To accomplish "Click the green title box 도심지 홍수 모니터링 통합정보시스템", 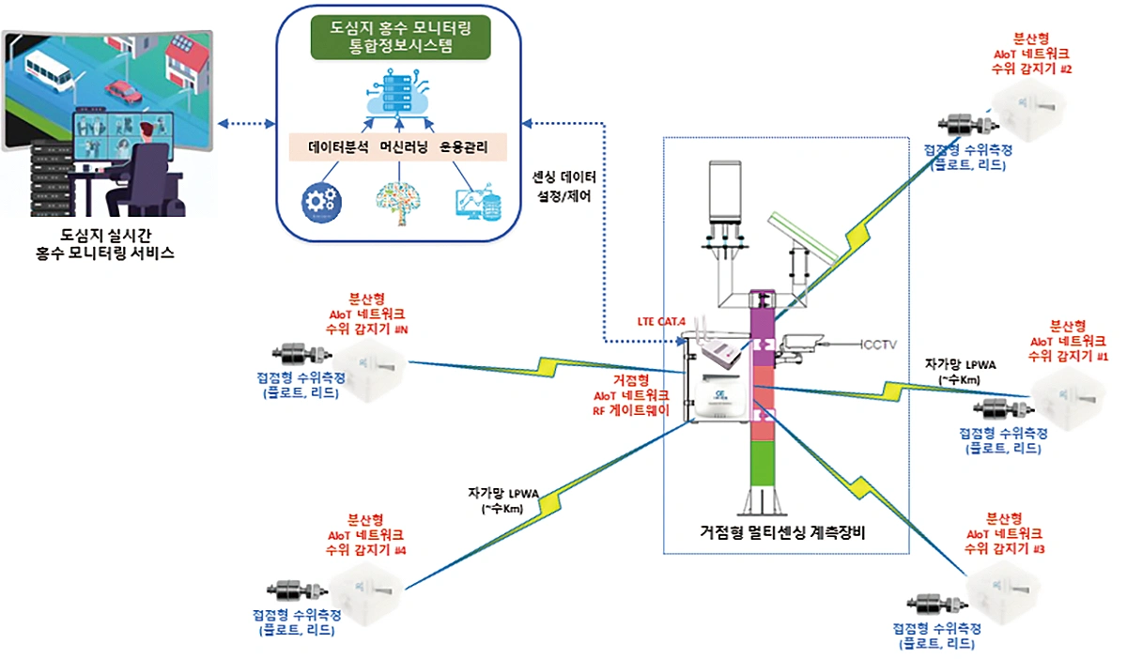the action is click(400, 38).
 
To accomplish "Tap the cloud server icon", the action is click(399, 94).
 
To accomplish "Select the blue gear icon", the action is click(321, 203).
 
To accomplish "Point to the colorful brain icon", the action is click(398, 203).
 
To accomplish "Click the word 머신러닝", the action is click(404, 146).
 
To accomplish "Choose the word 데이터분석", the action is click(338, 146).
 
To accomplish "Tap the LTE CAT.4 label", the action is click(661, 321).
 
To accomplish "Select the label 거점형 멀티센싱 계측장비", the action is click(782, 532).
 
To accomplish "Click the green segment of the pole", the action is click(763, 464).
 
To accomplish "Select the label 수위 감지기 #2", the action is click(1031, 69).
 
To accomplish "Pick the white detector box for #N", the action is click(370, 370).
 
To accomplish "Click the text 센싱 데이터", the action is click(564, 177).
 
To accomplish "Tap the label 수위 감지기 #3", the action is click(1004, 549).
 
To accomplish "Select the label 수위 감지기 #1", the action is click(1068, 356).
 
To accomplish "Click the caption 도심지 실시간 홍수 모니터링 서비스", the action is click(105, 244).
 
